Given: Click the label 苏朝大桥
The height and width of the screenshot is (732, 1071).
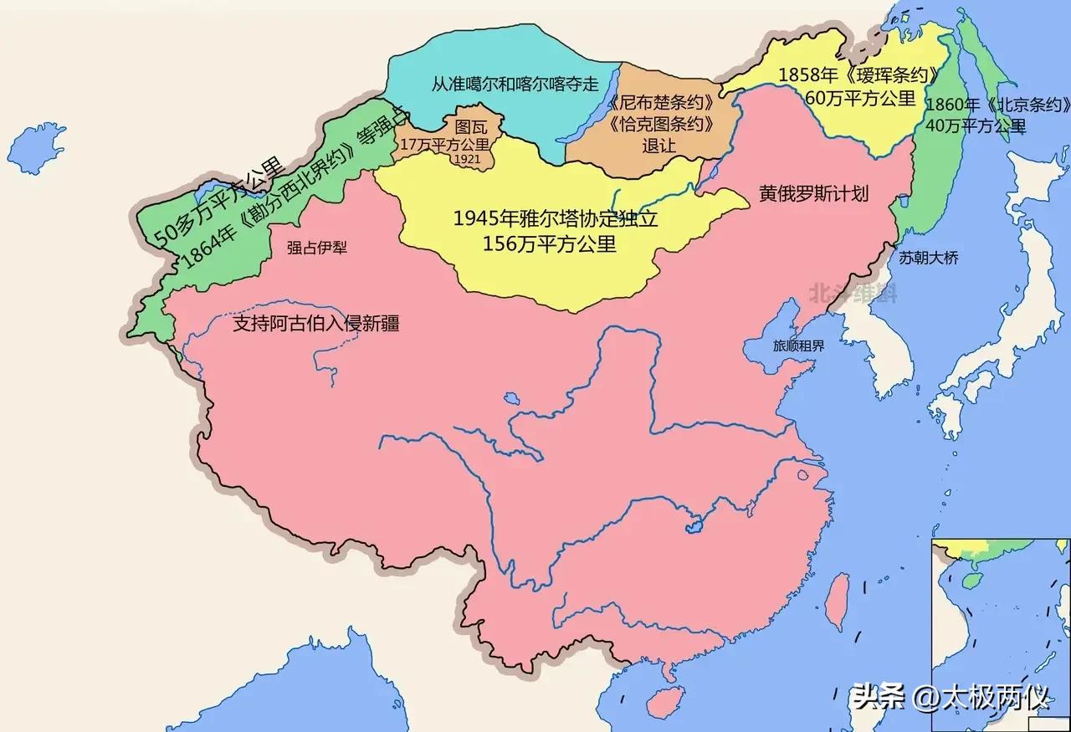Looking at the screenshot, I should pyautogui.click(x=929, y=259).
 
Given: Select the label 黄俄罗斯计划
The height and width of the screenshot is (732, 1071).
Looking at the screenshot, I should pyautogui.click(x=814, y=193).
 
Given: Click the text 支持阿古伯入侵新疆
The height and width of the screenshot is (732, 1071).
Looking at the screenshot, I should pyautogui.click(x=315, y=324).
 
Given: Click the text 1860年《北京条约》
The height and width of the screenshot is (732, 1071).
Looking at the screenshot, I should pyautogui.click(x=998, y=105).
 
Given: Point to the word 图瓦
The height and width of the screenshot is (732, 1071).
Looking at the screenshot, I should pyautogui.click(x=470, y=128).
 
